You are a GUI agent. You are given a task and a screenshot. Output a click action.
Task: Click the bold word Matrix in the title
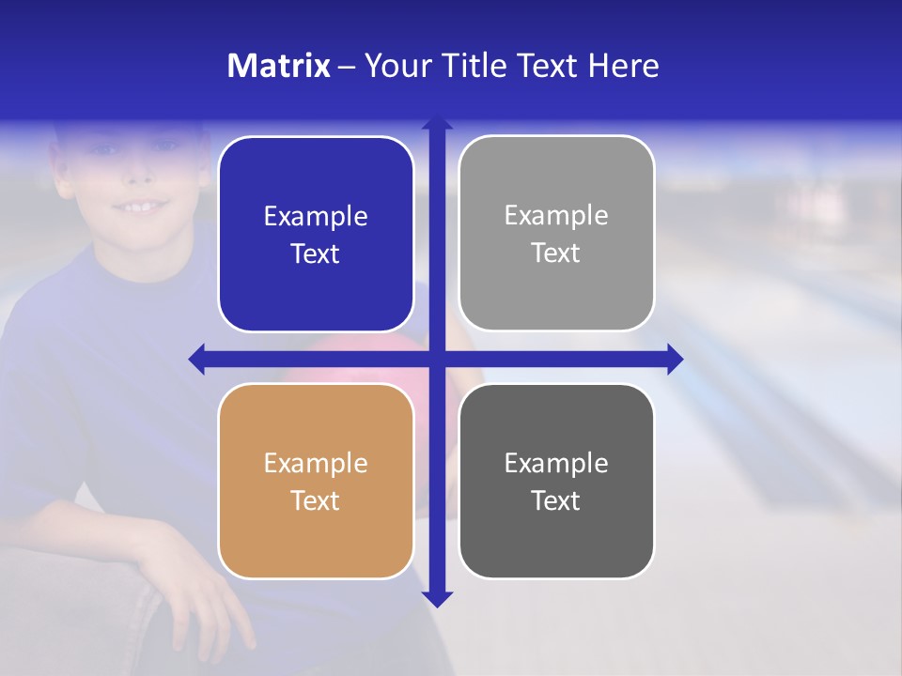tap(278, 66)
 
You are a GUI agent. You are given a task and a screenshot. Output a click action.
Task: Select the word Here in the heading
tap(623, 66)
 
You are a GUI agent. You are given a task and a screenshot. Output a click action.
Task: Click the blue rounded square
tap(316, 235)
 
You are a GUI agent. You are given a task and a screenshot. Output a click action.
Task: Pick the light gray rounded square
tap(556, 234)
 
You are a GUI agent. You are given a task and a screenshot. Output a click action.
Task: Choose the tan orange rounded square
tap(316, 481)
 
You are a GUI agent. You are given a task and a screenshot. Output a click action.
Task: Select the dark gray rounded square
tap(556, 481)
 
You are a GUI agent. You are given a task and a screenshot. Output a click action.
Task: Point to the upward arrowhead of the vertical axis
tap(437, 122)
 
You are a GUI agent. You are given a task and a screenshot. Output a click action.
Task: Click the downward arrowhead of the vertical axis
tap(437, 599)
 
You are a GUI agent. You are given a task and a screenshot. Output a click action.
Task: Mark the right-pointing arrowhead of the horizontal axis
tap(676, 359)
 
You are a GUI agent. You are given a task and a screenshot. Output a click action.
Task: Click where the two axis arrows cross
tap(437, 359)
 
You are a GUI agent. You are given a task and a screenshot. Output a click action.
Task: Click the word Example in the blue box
tap(316, 217)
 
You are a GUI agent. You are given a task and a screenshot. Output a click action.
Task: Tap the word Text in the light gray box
tap(556, 253)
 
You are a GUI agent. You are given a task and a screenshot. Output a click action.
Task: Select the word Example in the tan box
tap(316, 464)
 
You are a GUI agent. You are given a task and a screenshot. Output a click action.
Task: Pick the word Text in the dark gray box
tap(556, 500)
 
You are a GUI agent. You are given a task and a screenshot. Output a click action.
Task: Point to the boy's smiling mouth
tap(141, 206)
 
